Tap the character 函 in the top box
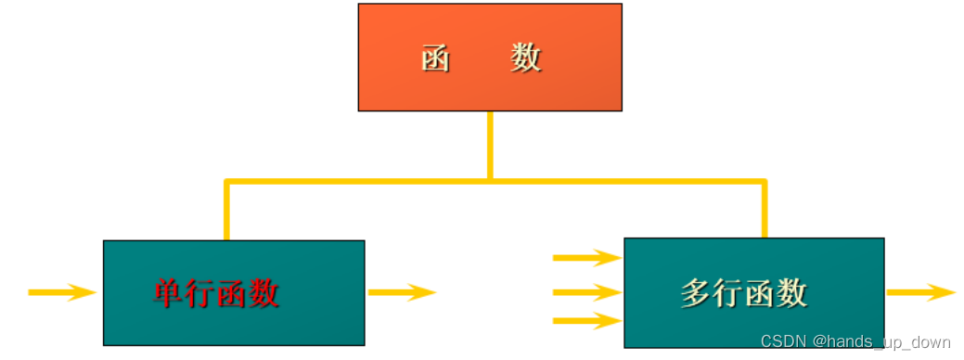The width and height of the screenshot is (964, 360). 435,58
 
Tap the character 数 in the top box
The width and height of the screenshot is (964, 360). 525,58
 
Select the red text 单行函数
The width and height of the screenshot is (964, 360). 216,293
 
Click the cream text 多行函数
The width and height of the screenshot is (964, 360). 743,293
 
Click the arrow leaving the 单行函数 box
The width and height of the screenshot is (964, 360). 402,293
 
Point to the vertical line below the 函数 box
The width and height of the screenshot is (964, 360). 490,144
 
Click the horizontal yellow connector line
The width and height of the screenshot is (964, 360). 371,181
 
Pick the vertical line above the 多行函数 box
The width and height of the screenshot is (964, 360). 765,210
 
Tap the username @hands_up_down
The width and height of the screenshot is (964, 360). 881,342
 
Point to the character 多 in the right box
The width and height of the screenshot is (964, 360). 696,293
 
